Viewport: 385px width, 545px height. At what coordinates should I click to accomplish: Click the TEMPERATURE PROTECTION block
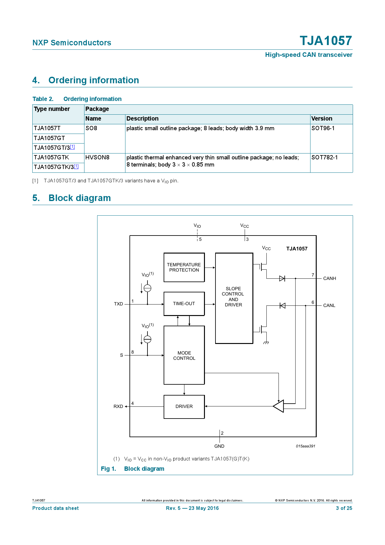point(184,267)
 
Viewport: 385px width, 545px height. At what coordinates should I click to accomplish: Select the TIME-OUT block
point(184,304)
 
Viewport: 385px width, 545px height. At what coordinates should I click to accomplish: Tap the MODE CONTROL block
point(184,355)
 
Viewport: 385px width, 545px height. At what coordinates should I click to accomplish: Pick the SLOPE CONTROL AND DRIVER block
point(234,298)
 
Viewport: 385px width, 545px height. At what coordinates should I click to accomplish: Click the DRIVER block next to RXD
point(184,406)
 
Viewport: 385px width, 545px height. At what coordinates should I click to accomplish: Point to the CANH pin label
point(329,278)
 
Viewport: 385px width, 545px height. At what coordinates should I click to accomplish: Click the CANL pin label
point(329,305)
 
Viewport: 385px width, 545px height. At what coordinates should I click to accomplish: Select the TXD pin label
point(118,304)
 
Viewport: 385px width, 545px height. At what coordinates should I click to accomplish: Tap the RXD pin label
point(118,406)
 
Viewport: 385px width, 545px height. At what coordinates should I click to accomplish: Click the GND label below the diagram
point(219,446)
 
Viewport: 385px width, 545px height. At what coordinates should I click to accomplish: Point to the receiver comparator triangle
point(279,406)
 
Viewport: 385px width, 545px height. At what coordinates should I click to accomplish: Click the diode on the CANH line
point(282,278)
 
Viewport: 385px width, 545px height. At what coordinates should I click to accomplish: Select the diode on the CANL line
point(282,305)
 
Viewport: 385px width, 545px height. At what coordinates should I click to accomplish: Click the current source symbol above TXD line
point(147,288)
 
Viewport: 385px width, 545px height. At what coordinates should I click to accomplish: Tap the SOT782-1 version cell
point(324,158)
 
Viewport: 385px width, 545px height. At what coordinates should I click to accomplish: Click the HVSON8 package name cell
point(97,158)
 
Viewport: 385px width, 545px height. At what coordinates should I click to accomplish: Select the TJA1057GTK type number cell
point(52,158)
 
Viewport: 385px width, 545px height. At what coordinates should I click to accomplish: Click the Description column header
point(143,119)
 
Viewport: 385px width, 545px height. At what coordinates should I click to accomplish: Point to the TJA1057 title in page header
point(326,41)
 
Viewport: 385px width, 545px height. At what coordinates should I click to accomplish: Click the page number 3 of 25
point(344,508)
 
